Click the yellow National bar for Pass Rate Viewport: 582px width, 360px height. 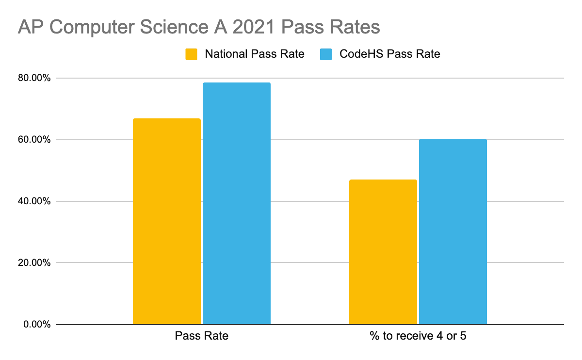pos(166,221)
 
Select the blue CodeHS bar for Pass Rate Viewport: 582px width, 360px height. pos(236,203)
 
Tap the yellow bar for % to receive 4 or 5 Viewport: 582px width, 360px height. pos(383,252)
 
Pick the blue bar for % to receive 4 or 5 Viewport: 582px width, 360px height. pos(453,231)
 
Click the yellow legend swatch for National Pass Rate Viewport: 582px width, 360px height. pos(192,54)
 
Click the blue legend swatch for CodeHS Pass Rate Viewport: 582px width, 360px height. pos(325,54)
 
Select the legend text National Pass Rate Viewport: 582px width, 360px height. pos(254,54)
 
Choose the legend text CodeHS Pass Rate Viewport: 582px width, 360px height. pos(389,54)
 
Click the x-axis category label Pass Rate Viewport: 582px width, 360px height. pos(201,336)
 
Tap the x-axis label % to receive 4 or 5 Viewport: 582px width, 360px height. pos(418,336)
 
